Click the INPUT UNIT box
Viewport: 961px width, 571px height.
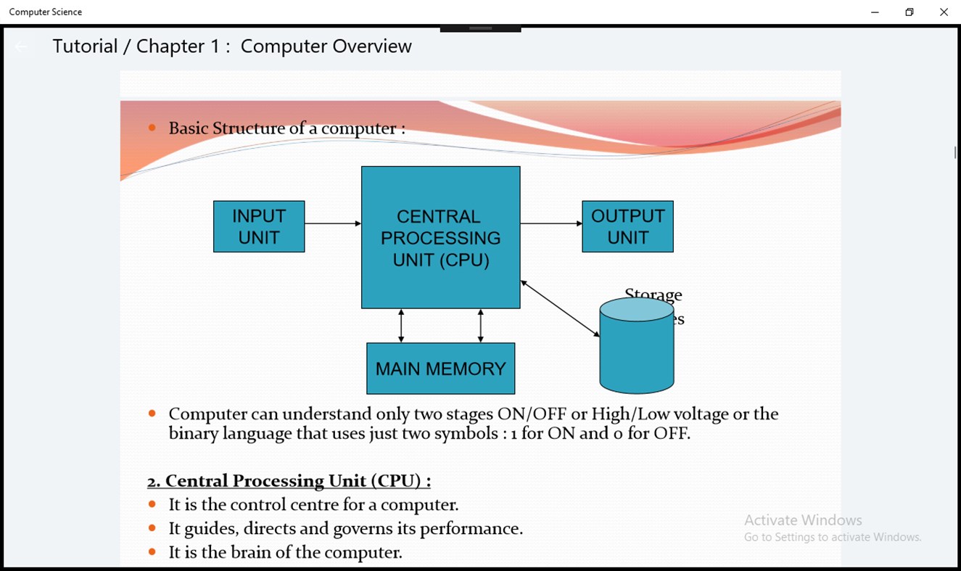259,226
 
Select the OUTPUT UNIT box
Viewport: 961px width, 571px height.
627,226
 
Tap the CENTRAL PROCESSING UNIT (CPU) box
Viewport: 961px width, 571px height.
440,237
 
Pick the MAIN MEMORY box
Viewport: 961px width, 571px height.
440,369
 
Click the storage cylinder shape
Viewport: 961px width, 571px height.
637,348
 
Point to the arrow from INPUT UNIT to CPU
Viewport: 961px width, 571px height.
333,223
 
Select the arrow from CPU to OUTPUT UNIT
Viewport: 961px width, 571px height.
551,223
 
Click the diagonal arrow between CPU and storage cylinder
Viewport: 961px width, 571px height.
560,309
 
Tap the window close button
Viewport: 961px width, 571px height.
944,12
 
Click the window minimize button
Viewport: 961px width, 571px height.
875,12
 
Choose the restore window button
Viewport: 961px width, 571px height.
910,12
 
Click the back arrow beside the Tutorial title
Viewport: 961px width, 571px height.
22,47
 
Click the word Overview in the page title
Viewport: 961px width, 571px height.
372,46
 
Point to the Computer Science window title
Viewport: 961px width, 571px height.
46,12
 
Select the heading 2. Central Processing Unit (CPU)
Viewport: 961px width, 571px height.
289,481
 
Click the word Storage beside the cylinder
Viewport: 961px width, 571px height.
653,295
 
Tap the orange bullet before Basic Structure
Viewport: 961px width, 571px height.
152,128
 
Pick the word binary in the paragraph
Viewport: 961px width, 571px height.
194,434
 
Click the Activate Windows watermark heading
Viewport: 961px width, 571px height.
803,520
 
